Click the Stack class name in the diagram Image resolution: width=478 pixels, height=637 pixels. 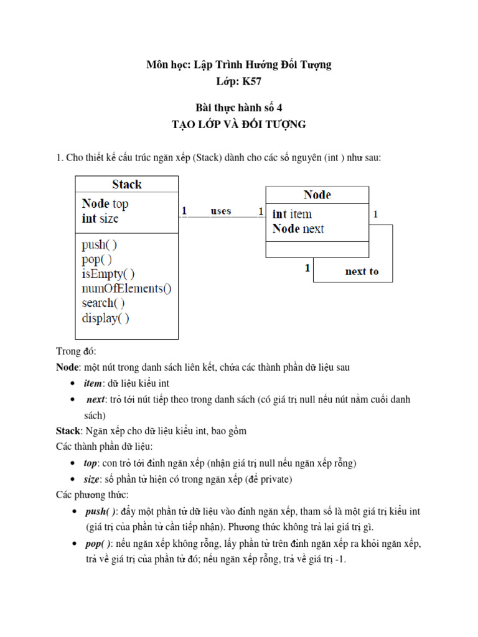126,184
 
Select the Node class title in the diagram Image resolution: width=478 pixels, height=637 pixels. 317,195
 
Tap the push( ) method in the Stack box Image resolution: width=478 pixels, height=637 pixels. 100,244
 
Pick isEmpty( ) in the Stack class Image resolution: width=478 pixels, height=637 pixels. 108,274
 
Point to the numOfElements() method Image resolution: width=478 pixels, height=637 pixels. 126,289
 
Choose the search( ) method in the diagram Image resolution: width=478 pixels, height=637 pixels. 103,303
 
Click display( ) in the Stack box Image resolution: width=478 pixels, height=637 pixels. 105,318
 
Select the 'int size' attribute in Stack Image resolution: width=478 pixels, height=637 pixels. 100,218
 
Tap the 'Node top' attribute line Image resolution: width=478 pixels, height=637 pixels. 105,203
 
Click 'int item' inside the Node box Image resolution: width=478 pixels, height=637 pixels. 292,214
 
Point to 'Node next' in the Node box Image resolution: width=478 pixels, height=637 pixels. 298,229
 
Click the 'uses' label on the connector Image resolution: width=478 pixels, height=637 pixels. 221,211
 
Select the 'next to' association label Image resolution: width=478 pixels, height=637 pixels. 362,271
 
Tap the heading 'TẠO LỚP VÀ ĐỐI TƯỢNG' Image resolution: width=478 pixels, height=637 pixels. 239,124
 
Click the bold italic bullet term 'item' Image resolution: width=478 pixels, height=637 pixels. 92,384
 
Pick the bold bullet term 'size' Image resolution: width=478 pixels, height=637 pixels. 91,480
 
